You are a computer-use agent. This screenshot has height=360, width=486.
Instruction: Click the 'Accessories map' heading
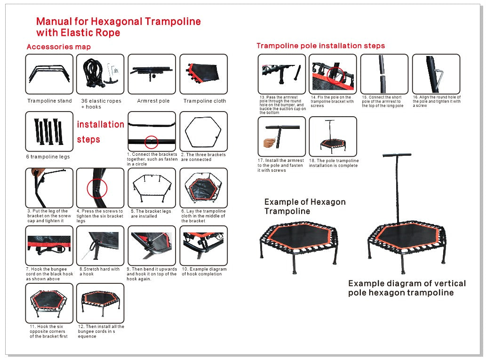[x=59, y=47]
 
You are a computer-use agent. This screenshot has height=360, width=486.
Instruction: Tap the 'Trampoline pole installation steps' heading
[x=320, y=46]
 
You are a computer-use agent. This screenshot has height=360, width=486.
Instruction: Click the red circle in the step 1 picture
[x=151, y=142]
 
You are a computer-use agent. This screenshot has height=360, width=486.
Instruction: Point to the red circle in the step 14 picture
[x=335, y=74]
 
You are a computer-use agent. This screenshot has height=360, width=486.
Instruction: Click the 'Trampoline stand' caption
[x=49, y=101]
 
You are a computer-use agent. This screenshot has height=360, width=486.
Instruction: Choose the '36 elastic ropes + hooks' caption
[x=101, y=104]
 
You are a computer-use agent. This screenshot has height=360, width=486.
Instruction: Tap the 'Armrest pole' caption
[x=153, y=101]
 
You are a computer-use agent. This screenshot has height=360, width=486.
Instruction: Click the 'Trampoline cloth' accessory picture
[x=204, y=74]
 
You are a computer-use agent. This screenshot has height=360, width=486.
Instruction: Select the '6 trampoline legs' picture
[x=49, y=131]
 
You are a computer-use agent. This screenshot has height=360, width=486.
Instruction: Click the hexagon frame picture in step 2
[x=204, y=131]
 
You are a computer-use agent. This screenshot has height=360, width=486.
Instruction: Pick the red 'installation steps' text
[x=100, y=132]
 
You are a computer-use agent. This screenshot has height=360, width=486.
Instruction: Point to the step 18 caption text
[x=334, y=163]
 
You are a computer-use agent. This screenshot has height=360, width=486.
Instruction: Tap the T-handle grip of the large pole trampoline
[x=396, y=155]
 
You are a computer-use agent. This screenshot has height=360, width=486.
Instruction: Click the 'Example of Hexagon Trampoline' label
[x=304, y=207]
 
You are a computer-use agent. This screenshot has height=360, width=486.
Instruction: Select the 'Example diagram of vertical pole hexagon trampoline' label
[x=406, y=288]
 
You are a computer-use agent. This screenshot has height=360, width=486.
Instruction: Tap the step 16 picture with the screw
[x=436, y=74]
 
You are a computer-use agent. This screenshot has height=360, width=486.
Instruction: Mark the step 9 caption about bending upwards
[x=151, y=274]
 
